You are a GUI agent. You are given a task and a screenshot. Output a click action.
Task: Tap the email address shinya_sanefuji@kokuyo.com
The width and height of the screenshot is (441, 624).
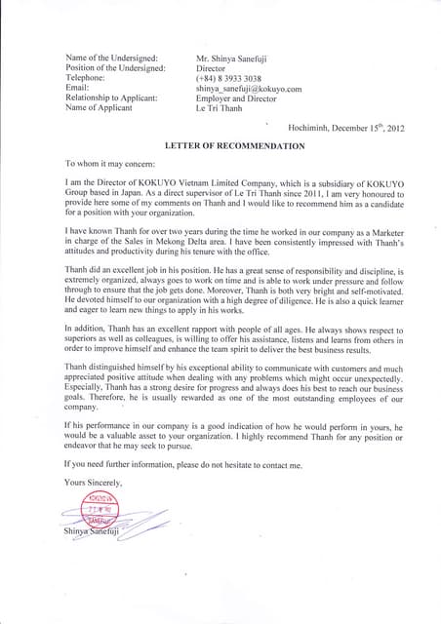click(x=248, y=89)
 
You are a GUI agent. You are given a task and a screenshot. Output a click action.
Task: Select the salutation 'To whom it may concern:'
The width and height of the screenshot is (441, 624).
click(x=109, y=164)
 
